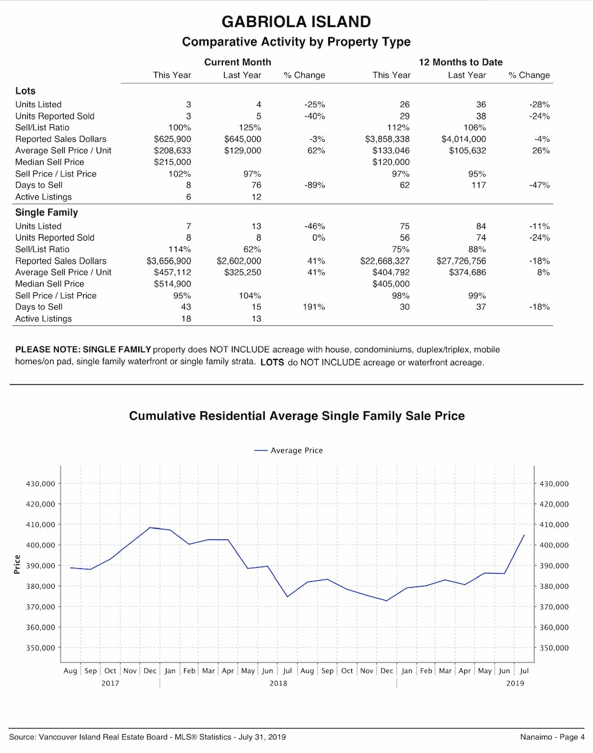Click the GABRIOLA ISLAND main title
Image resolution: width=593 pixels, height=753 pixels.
(296, 22)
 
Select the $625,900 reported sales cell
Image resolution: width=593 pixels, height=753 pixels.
(172, 139)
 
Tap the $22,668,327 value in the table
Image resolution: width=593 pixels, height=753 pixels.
(385, 261)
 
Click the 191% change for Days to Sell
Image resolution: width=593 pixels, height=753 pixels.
(314, 307)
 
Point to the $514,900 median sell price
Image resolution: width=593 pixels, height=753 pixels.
(172, 284)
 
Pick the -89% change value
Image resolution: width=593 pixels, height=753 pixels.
(315, 185)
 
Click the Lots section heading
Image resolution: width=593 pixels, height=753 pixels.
(25, 91)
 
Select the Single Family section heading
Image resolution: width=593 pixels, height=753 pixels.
(46, 212)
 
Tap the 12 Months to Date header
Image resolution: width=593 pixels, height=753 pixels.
(461, 62)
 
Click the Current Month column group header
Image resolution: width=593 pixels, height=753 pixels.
(237, 62)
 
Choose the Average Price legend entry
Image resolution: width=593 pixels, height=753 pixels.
(288, 451)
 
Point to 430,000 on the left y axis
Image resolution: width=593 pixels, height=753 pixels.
(41, 484)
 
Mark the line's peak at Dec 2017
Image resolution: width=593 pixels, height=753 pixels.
(150, 527)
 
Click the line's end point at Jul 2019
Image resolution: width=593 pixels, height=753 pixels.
(524, 535)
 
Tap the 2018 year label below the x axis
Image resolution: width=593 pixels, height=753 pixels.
(278, 683)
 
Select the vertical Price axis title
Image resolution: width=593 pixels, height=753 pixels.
(17, 564)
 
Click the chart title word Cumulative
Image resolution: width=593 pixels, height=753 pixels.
(162, 416)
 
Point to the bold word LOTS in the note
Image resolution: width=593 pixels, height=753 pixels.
(272, 362)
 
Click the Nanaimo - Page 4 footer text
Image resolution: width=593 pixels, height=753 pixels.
(552, 737)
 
